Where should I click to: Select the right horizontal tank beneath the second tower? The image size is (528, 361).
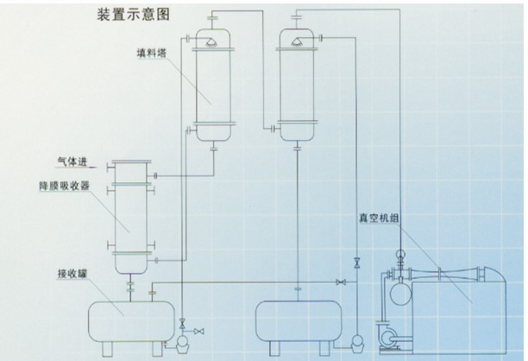tap(299, 319)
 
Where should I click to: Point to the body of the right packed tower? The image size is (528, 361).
tap(297, 86)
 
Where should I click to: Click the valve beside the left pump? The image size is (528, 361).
tap(198, 332)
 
